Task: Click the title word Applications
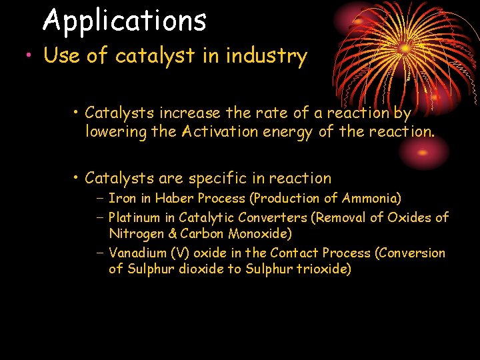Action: pyautogui.click(x=125, y=20)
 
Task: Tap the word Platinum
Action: pyautogui.click(x=134, y=217)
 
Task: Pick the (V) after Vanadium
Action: pyautogui.click(x=178, y=253)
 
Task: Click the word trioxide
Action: pyautogui.click(x=324, y=269)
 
